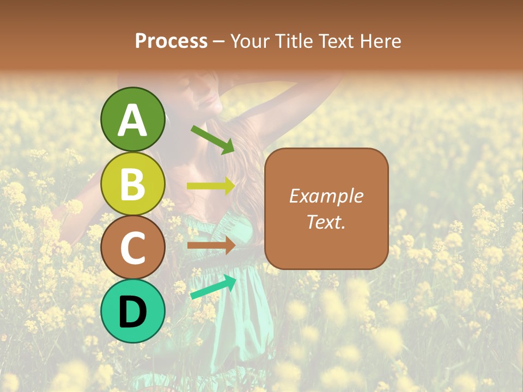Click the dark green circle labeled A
132,119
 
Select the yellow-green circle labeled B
132,184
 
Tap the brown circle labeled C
132,248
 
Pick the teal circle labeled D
132,311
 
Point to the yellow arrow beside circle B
211,186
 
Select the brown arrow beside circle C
211,246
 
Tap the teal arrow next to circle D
213,287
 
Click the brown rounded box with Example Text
326,209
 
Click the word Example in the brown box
326,196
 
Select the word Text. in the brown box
326,222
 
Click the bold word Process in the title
171,41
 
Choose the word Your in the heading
247,41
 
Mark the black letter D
132,312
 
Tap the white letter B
132,185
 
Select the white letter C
132,248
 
